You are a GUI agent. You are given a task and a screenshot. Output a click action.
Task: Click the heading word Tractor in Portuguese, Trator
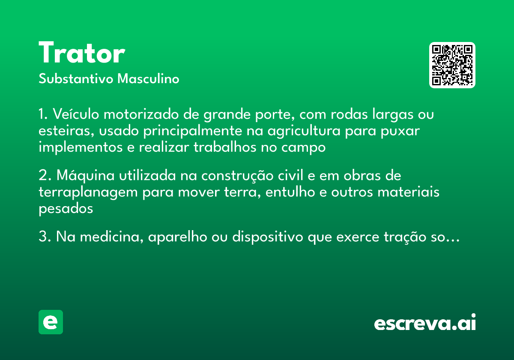82,54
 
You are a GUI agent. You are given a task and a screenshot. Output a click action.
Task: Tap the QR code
452,65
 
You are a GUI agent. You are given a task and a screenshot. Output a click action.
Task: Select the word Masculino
148,79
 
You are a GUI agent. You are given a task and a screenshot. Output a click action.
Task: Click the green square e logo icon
51,322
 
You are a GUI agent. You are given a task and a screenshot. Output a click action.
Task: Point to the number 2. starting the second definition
44,176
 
